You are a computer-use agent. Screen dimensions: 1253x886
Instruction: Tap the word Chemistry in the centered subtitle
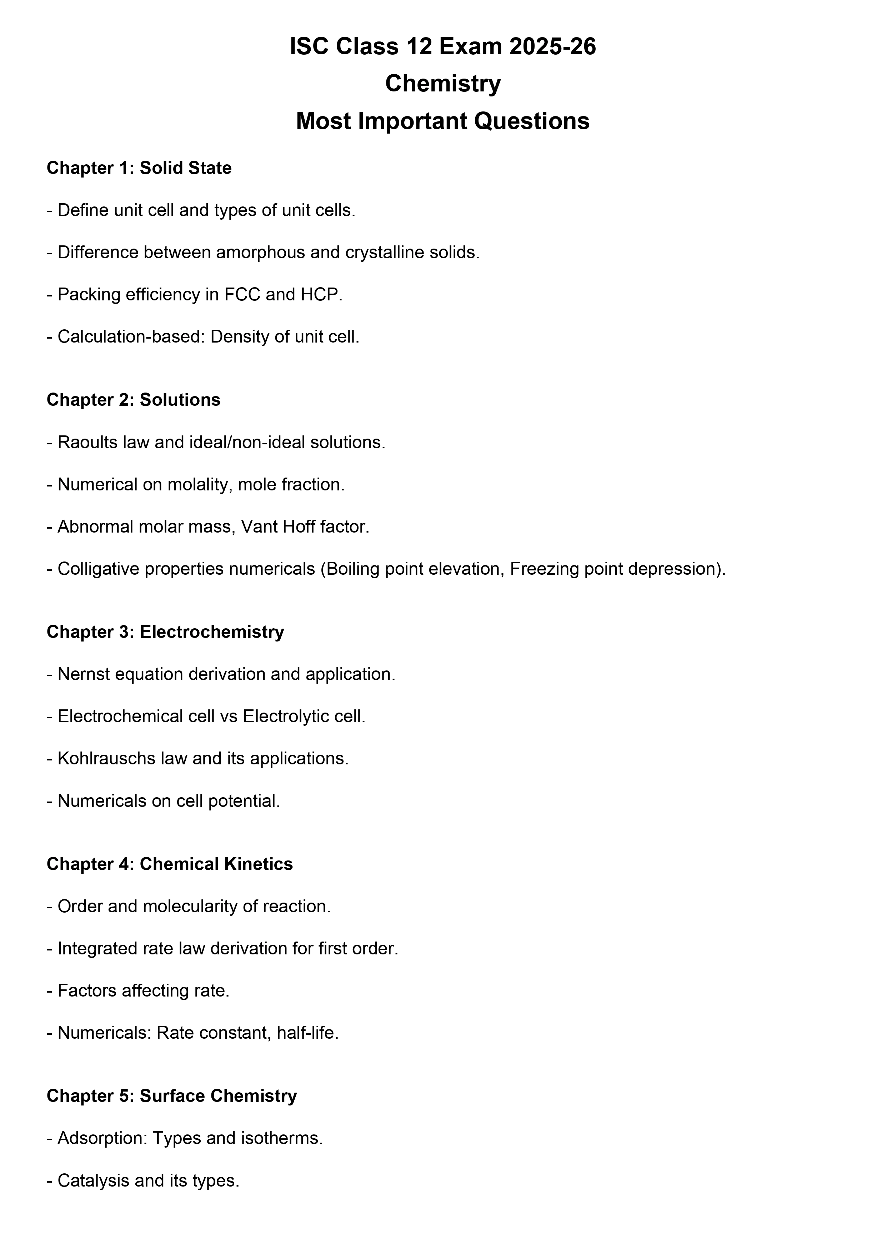coord(442,84)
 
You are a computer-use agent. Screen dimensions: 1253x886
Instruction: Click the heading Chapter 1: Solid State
coord(139,168)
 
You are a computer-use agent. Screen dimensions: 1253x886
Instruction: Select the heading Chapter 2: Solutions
coord(134,400)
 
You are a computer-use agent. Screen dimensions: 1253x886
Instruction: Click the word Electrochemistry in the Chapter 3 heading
coord(212,632)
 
